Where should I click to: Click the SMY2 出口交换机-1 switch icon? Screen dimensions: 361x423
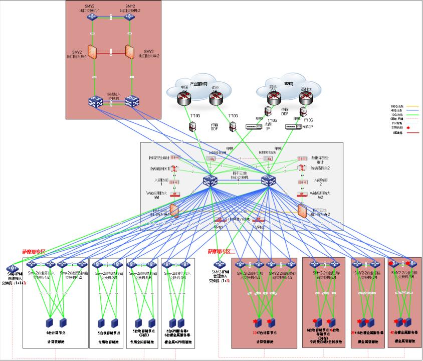pyautogui.click(x=92, y=17)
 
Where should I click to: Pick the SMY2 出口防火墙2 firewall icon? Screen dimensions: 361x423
pyautogui.click(x=129, y=52)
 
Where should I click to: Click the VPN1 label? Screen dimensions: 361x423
pyautogui.click(x=218, y=227)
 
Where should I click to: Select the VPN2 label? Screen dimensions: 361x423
pyautogui.click(x=259, y=227)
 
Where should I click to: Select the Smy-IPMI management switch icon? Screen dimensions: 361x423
pyautogui.click(x=13, y=267)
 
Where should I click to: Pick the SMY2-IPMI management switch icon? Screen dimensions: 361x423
pyautogui.click(x=218, y=265)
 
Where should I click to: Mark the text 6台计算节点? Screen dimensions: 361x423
pyautogui.click(x=56, y=332)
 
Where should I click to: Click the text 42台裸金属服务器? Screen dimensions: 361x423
pyautogui.click(x=404, y=332)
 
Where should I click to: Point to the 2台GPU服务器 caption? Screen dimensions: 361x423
pyautogui.click(x=177, y=331)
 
